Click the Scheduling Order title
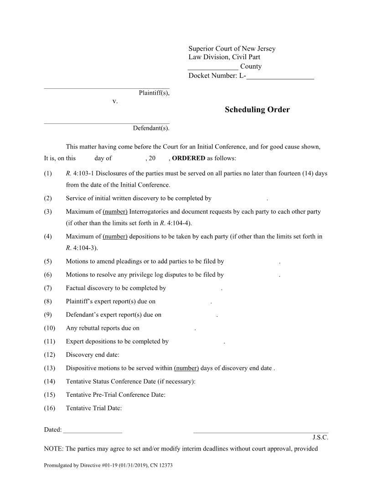[257, 110]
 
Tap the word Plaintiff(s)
[154, 93]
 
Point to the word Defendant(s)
[151, 128]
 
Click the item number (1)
[48, 174]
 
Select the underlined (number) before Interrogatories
[115, 212]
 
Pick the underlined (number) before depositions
[115, 236]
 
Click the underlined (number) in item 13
[186, 368]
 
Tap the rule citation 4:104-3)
[85, 248]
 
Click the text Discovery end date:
[93, 355]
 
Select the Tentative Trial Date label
[94, 408]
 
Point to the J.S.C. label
[320, 438]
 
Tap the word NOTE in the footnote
[53, 449]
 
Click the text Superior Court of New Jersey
[232, 49]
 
